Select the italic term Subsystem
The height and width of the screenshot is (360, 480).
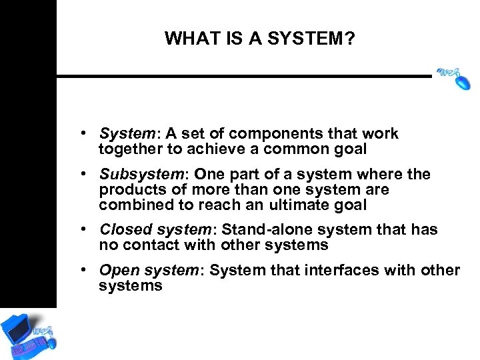click(x=141, y=175)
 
